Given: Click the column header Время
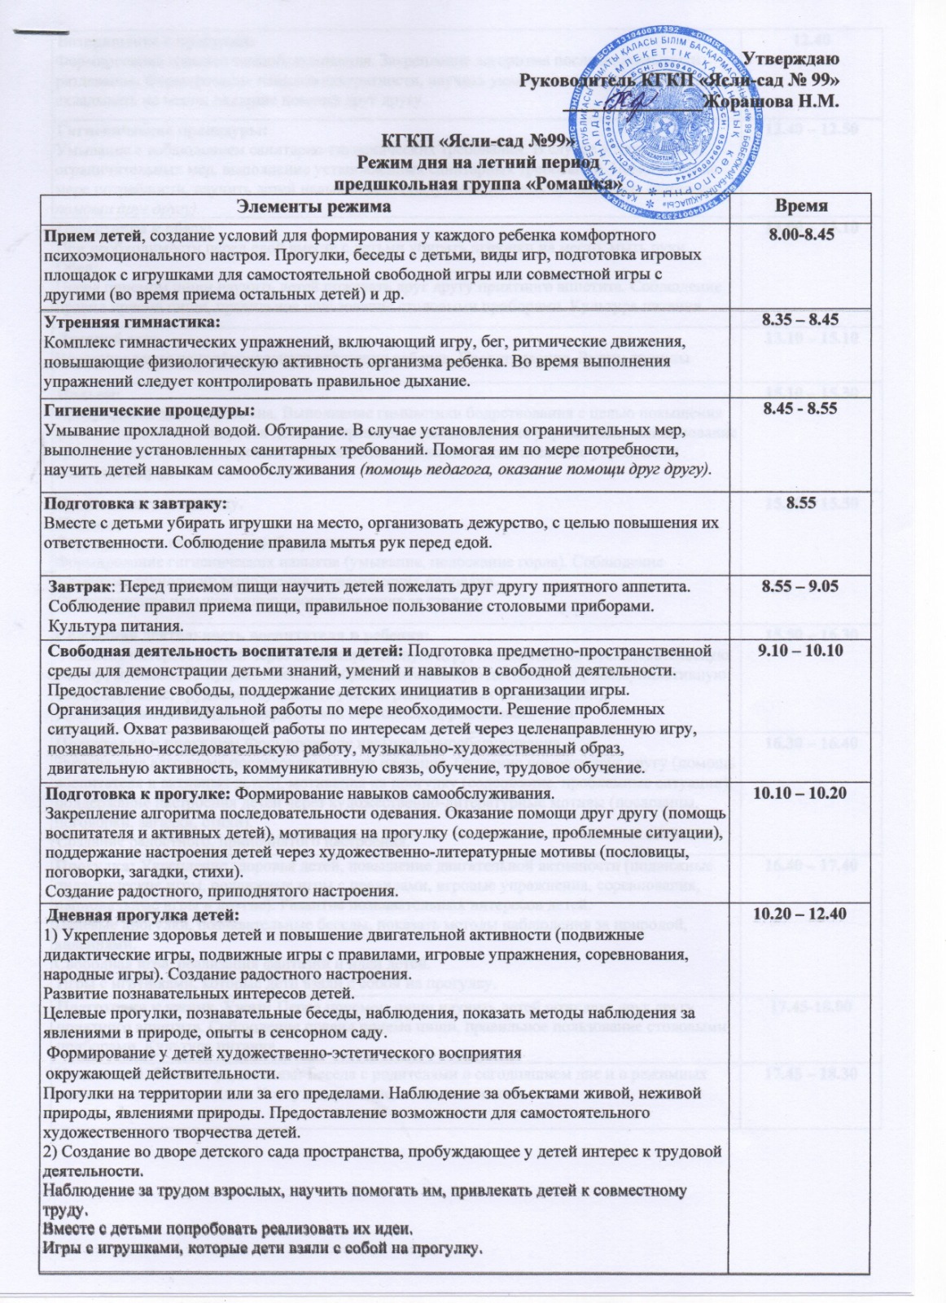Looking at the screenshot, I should click(x=801, y=207).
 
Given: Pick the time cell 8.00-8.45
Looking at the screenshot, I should click(x=801, y=235).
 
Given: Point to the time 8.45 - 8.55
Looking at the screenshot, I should click(x=801, y=409).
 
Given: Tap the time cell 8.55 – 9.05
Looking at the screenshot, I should click(x=801, y=586).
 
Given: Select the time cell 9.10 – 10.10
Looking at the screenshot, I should click(x=801, y=651).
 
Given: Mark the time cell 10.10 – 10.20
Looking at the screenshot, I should click(x=801, y=793).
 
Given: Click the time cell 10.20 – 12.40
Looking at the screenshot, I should click(x=801, y=917).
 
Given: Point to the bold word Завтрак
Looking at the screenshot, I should click(x=78, y=586).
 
